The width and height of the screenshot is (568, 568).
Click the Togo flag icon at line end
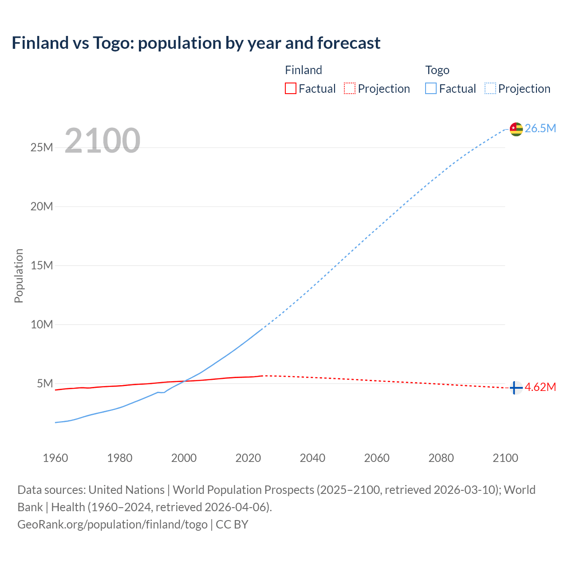(516, 129)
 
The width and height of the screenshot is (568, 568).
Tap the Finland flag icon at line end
(516, 388)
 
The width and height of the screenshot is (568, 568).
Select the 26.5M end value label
(540, 128)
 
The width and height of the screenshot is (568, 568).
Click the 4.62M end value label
(540, 387)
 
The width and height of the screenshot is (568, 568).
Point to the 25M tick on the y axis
(42, 147)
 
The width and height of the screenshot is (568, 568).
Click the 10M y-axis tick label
(42, 324)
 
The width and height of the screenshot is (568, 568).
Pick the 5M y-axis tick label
(45, 383)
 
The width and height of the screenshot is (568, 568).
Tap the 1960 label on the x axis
(55, 458)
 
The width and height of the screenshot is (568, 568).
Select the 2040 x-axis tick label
(312, 458)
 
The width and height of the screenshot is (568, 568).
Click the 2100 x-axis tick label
(505, 458)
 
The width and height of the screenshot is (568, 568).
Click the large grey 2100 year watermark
(103, 141)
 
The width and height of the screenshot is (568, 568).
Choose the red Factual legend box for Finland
(290, 88)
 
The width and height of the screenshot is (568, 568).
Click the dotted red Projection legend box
(350, 88)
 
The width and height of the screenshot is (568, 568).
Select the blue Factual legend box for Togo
(431, 88)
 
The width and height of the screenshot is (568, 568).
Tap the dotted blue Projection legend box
(490, 88)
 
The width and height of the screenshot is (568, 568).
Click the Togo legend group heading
(437, 70)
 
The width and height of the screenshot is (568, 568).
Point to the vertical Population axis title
(19, 276)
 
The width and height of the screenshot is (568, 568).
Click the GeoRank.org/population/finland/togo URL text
(112, 525)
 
